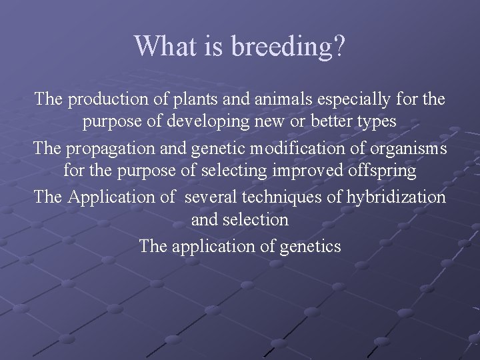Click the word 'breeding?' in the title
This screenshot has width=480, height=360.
[288, 47]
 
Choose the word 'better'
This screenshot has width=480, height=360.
[336, 122]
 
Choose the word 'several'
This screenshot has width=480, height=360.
[212, 197]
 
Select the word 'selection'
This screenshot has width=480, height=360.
[259, 219]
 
